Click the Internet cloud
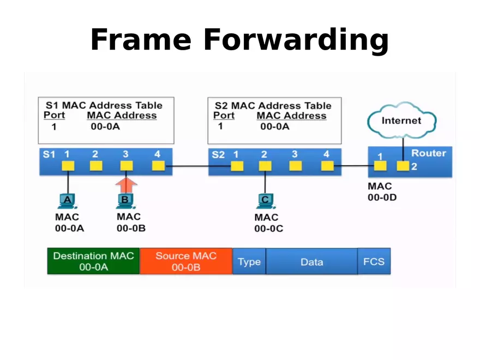[401, 120]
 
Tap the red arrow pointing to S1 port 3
[126, 183]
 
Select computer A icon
[68, 201]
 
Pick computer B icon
[125, 201]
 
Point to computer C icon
[265, 201]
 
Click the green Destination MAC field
[93, 261]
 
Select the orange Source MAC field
[186, 261]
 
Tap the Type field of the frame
[249, 262]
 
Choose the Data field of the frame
[311, 262]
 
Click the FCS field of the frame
[374, 262]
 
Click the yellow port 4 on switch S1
[158, 166]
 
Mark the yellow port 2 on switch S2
[265, 166]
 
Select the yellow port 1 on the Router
[380, 166]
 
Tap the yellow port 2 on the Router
[403, 166]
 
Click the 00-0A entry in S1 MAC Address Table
[105, 127]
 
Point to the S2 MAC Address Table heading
[273, 105]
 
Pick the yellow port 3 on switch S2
[295, 166]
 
